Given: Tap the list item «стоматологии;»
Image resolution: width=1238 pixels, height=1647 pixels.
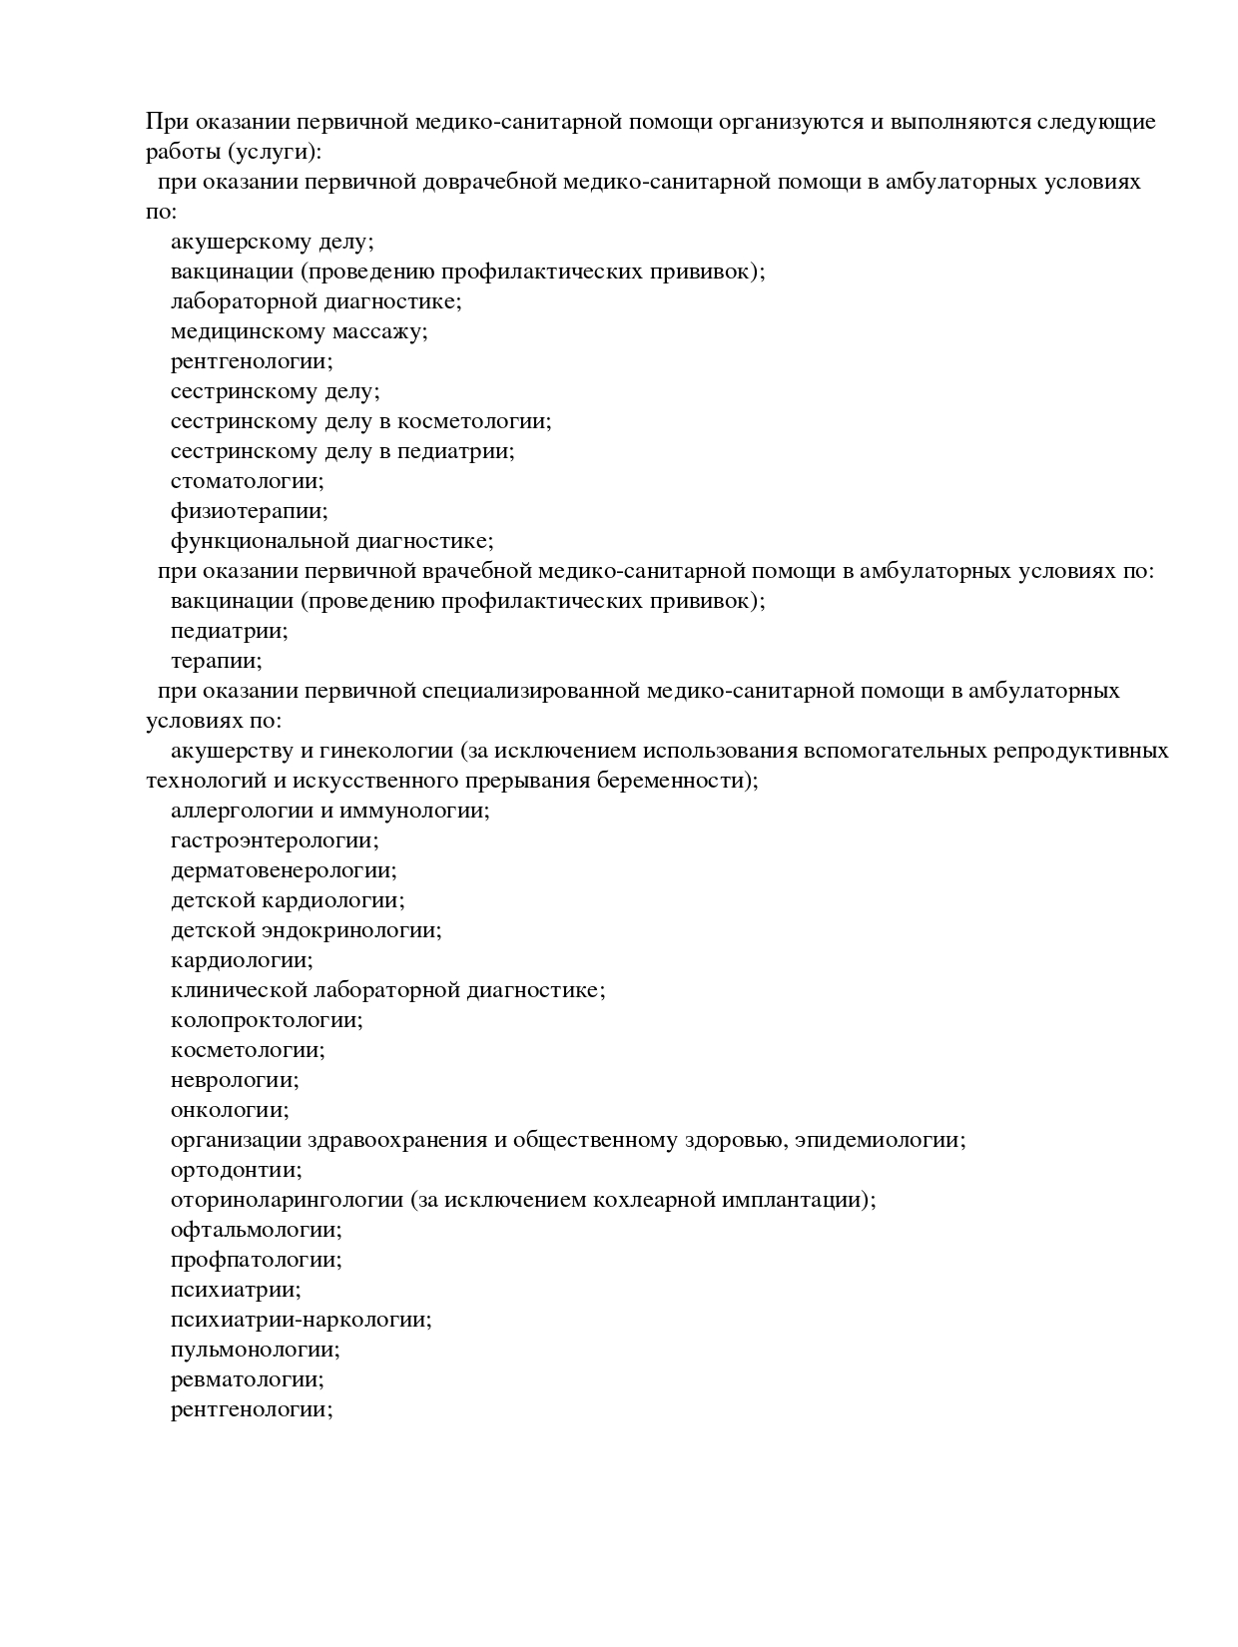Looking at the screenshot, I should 248,481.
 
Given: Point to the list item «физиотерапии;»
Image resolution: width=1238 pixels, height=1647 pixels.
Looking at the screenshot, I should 249,511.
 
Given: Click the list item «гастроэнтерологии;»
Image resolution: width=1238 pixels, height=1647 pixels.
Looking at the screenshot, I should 275,840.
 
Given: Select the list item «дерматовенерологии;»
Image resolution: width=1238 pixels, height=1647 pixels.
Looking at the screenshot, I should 284,870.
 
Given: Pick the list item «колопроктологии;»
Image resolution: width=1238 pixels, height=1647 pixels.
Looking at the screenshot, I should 267,1020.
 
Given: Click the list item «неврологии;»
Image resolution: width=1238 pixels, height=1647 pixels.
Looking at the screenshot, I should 235,1080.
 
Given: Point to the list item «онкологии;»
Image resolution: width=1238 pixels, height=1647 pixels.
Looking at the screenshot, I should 230,1110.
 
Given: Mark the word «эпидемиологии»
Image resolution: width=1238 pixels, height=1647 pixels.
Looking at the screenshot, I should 885,1140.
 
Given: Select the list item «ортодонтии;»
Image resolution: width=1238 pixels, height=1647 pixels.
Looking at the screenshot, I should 237,1170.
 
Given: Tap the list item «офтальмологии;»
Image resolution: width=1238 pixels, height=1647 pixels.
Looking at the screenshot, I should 257,1230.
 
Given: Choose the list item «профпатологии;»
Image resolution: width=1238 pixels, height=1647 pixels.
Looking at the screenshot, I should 257,1260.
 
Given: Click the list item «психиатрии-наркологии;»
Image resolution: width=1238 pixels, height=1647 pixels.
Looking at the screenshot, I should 302,1320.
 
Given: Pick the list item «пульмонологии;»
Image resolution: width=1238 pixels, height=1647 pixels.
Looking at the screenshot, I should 256,1350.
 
